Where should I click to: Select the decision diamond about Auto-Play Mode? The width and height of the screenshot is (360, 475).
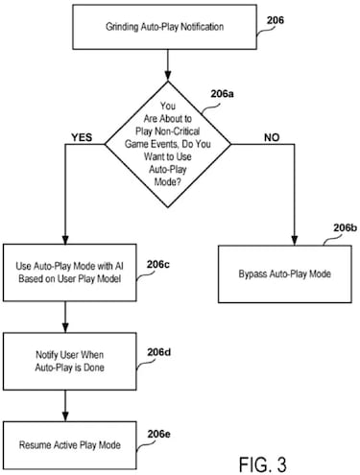[x=169, y=140]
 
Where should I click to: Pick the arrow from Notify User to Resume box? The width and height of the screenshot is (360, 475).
[x=64, y=400]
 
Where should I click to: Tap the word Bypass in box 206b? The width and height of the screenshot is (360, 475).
[x=254, y=273]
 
